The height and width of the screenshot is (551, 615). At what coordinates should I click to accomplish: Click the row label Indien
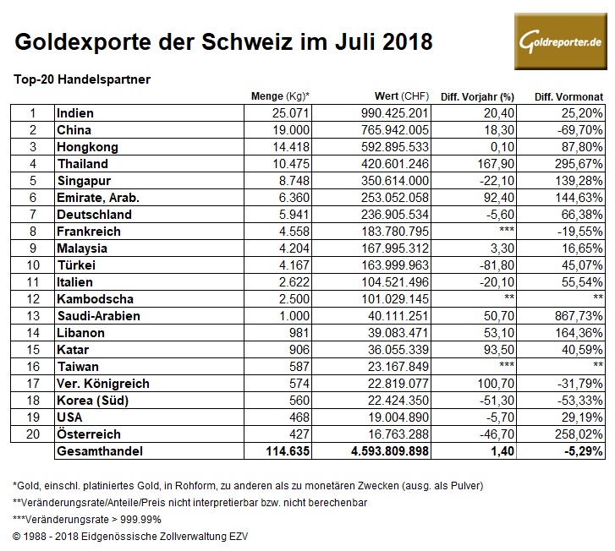tap(74, 113)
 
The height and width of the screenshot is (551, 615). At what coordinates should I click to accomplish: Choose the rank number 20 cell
tap(32, 434)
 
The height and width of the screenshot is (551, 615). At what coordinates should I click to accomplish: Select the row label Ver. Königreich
tap(102, 384)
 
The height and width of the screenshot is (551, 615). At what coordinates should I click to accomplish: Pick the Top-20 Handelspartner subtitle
tap(82, 79)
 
